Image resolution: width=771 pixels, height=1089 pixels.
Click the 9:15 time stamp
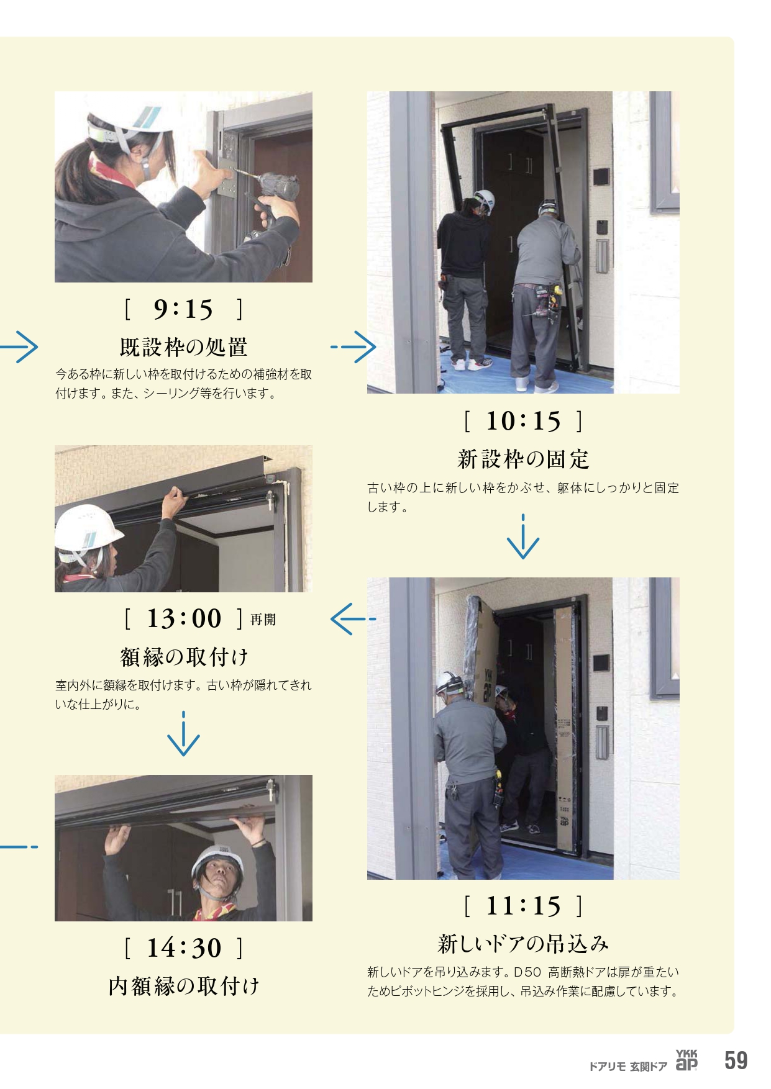(183, 309)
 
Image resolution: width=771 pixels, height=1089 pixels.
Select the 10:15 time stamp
(523, 421)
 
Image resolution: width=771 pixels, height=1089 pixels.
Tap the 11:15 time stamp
(523, 906)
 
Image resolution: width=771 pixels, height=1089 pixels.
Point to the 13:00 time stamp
(184, 618)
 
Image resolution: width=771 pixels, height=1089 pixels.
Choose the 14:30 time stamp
(184, 948)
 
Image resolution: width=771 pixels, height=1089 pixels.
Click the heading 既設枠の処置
(183, 347)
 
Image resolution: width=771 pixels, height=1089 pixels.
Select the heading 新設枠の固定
(523, 459)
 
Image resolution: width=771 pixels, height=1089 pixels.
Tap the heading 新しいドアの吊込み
(523, 944)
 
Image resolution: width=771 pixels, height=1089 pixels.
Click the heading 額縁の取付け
(184, 656)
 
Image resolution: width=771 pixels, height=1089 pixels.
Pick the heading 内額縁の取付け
(184, 986)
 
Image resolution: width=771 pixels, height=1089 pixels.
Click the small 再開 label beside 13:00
(263, 620)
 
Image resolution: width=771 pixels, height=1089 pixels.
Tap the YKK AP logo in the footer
(687, 1060)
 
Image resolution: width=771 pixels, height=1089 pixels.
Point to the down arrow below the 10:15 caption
(523, 536)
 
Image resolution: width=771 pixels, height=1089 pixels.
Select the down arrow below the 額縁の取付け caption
(184, 734)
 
